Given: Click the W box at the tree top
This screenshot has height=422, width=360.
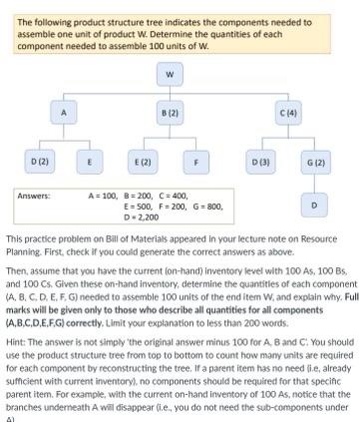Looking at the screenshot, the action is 170,73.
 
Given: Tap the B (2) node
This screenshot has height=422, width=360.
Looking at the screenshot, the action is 170,114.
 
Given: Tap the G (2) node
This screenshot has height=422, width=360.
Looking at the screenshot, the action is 315,161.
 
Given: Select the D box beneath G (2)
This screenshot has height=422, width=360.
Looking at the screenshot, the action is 315,205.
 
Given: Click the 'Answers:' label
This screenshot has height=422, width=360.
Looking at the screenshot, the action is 35,197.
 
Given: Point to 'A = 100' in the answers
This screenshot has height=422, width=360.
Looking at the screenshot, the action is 103,197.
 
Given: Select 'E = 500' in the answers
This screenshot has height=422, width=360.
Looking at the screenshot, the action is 138,206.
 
